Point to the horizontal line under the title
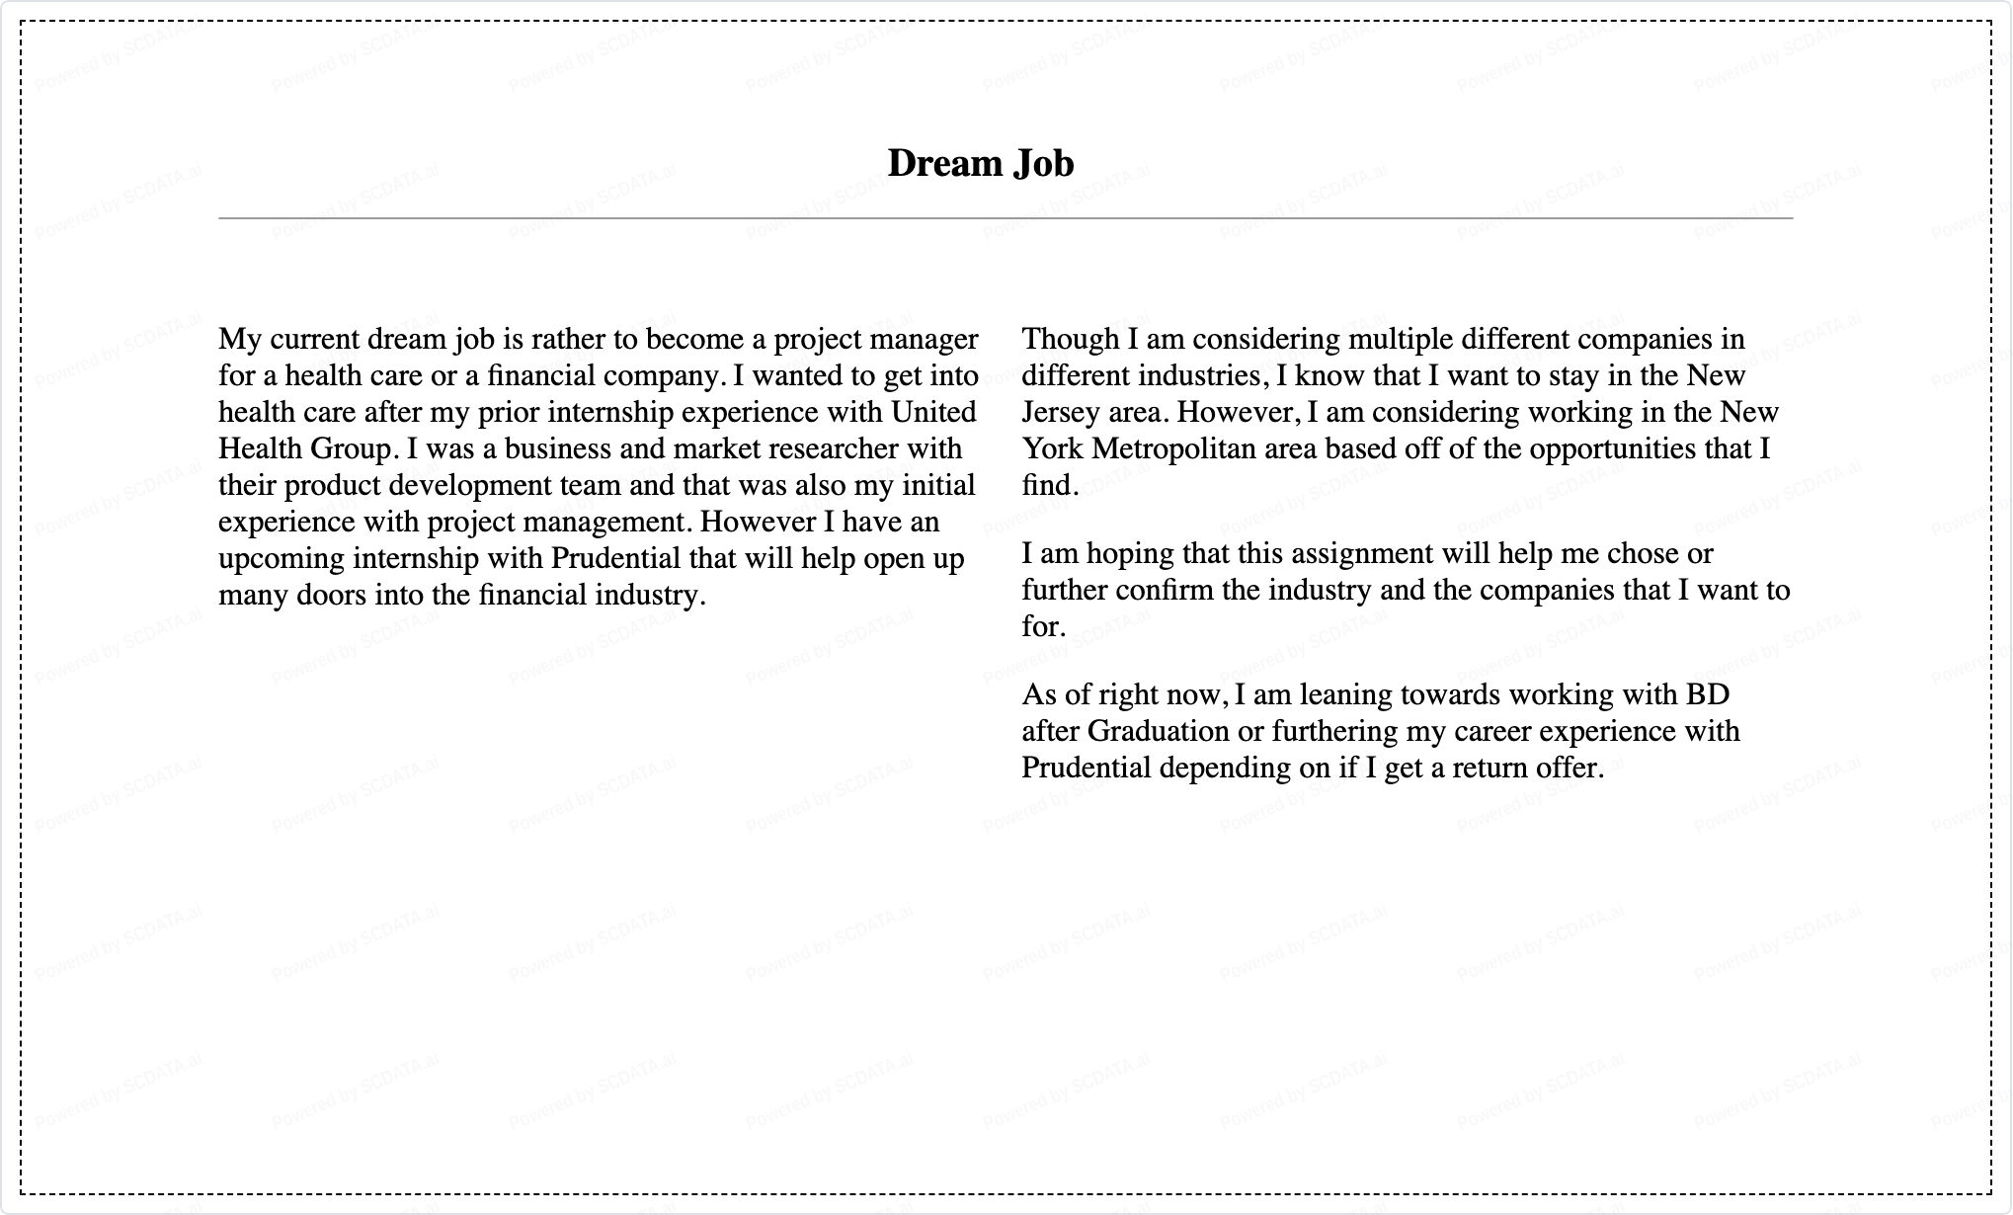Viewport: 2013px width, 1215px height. (x=1006, y=217)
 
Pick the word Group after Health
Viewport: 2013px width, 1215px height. (x=351, y=449)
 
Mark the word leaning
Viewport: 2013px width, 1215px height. (x=1346, y=694)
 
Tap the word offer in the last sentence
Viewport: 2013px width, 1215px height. (x=1571, y=768)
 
